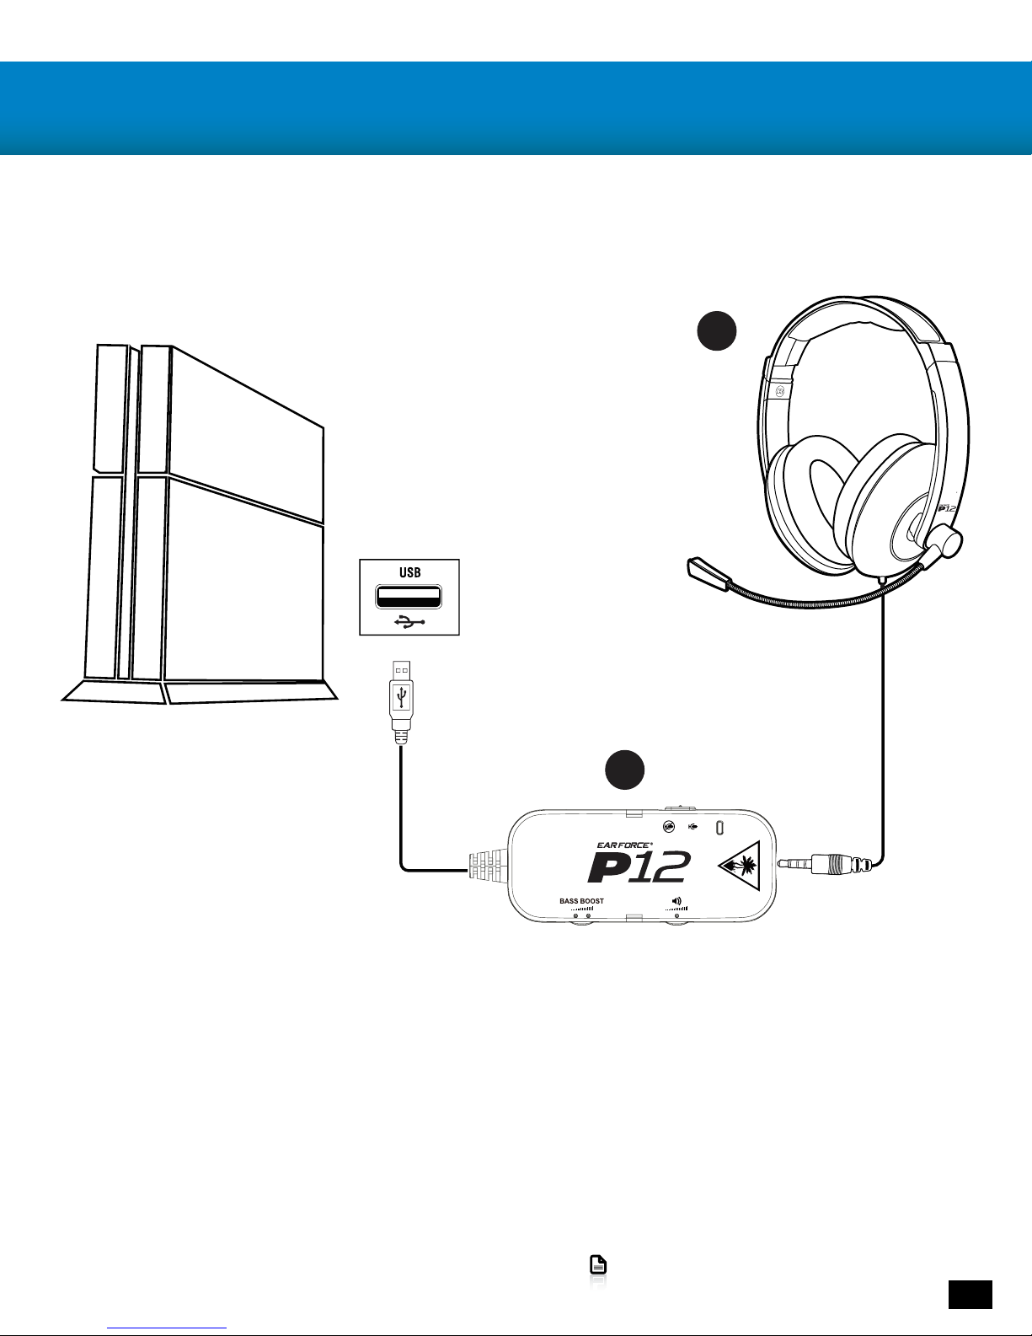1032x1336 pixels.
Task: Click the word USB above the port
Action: pos(409,572)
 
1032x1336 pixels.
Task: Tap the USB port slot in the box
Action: pos(409,597)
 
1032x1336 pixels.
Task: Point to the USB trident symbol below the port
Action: pos(409,622)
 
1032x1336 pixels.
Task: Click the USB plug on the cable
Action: pos(401,701)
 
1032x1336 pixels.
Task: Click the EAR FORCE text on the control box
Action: pos(625,845)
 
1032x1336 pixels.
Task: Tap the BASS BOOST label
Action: pos(581,901)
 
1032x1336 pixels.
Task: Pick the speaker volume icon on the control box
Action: pos(676,901)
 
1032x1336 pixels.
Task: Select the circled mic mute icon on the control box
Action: pos(669,827)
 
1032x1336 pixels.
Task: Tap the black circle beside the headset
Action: pos(716,330)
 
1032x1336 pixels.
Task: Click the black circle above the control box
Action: pos(625,769)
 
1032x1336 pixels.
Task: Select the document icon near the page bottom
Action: pos(597,1264)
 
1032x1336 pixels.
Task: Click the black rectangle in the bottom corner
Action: pos(971,1295)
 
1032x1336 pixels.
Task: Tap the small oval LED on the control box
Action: pos(720,827)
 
